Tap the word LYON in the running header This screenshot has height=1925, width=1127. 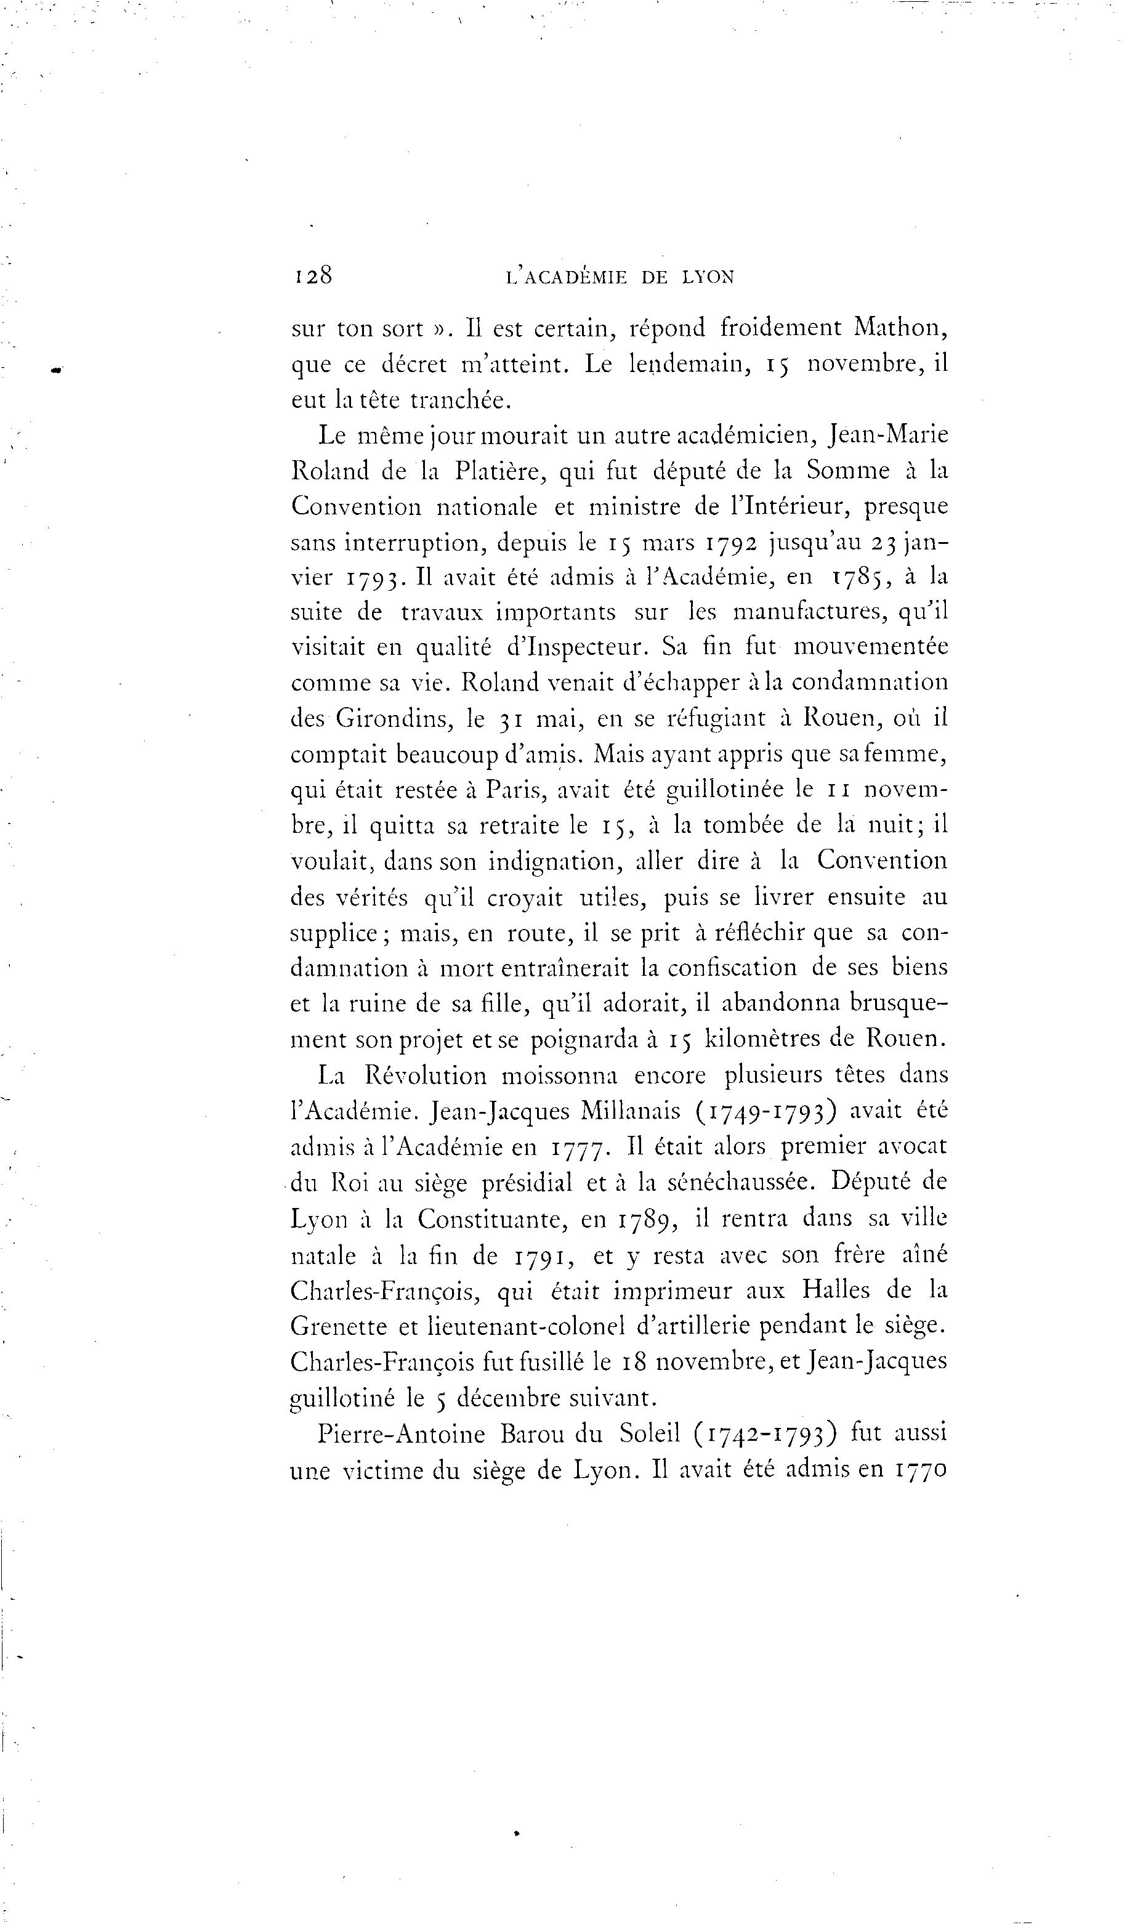(x=707, y=277)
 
